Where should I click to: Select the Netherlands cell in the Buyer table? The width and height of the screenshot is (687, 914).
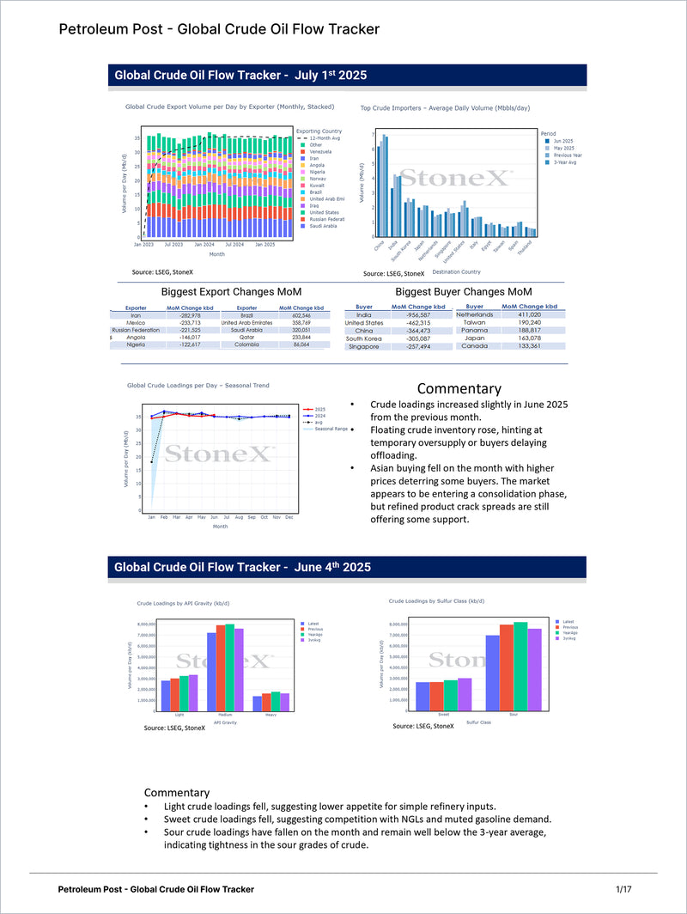(474, 314)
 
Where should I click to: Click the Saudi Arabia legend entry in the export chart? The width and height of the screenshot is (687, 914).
(324, 226)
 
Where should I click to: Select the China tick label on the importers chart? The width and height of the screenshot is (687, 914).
(380, 245)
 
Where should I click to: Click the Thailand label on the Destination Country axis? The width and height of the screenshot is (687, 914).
(526, 247)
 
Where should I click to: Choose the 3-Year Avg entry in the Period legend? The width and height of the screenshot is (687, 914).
(565, 161)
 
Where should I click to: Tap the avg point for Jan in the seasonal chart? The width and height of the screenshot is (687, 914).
(151, 461)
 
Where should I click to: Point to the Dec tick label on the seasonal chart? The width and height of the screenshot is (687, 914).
(289, 517)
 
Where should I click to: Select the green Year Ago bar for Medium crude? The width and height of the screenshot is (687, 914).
(229, 667)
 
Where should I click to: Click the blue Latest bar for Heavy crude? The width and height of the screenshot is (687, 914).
(257, 703)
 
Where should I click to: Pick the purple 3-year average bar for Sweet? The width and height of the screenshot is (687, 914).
(465, 694)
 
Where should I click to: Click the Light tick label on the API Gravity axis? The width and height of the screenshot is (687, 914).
(179, 715)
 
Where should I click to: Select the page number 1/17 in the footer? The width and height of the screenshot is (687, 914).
(623, 888)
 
